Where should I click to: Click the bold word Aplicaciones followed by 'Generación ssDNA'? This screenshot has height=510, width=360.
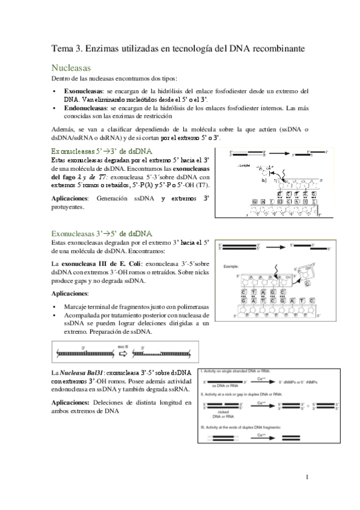(x=72, y=198)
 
